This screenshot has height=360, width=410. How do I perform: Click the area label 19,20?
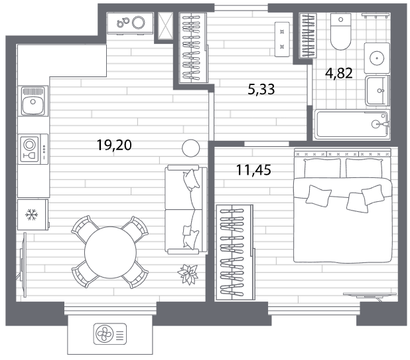point(114,145)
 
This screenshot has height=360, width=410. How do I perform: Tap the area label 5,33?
point(261,89)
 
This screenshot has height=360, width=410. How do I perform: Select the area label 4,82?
point(339,73)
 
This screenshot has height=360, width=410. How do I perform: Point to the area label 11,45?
point(253,170)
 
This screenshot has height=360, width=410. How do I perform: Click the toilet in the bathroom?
point(341,32)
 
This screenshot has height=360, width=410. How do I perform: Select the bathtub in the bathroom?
point(352,124)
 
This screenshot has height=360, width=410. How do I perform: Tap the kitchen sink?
point(33,102)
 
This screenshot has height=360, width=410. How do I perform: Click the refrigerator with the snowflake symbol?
point(33,215)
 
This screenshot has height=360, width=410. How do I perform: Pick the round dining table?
point(110,252)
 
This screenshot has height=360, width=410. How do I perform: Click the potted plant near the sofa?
point(188,274)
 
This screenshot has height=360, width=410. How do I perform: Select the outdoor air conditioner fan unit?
point(110,334)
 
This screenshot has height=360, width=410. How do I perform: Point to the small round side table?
point(191,148)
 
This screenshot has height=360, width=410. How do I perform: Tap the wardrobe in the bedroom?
point(235,252)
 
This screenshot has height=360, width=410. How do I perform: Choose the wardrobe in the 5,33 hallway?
point(193,48)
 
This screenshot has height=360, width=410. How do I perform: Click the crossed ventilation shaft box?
point(165,26)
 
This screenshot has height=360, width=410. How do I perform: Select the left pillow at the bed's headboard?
point(322,168)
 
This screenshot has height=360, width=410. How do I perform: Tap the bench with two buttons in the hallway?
point(282,39)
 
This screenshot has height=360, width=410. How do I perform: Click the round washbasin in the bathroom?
point(377,58)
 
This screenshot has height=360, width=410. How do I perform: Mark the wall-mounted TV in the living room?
point(23,265)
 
